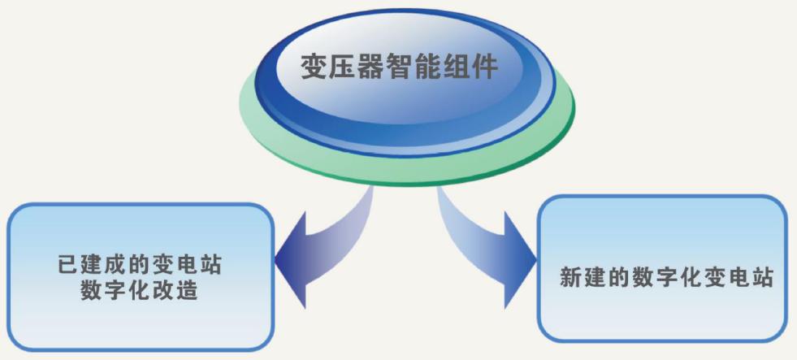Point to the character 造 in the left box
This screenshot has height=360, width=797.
tap(188, 290)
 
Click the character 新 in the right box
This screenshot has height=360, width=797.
tap(570, 278)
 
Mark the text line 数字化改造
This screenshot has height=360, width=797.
tap(139, 290)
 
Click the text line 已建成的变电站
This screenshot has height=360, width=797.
tap(141, 265)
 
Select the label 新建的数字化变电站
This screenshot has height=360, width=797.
tap(666, 278)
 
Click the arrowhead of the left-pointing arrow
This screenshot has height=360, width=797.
tap(291, 260)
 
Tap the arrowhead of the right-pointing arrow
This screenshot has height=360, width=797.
tap(520, 260)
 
